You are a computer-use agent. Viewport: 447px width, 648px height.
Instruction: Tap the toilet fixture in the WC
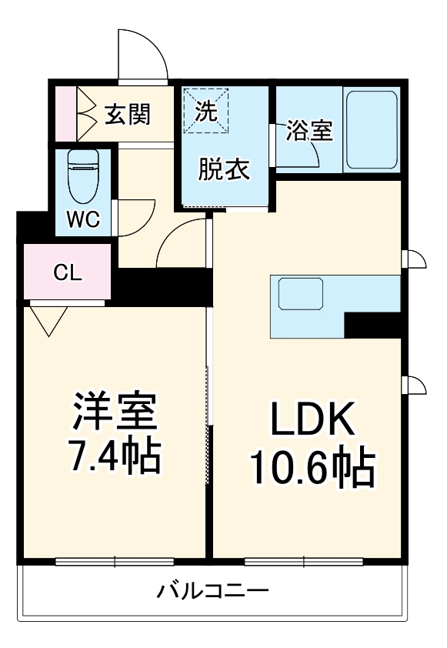click(x=82, y=174)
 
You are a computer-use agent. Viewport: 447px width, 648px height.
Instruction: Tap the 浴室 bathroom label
click(x=309, y=131)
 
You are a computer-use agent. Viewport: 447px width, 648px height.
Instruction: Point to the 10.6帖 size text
click(x=311, y=467)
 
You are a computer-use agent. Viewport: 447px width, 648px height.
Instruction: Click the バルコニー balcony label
click(x=213, y=591)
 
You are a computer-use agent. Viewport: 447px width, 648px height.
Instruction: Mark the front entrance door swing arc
click(x=143, y=54)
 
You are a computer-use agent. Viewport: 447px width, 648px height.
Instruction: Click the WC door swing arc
click(x=136, y=215)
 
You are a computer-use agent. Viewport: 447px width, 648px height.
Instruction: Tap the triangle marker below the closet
click(x=48, y=319)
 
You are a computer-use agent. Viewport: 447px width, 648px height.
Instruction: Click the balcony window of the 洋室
click(x=115, y=562)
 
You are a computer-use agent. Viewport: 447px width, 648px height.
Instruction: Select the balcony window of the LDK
click(x=304, y=562)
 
